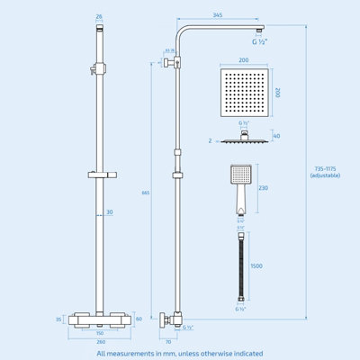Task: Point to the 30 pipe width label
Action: [x=109, y=212]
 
